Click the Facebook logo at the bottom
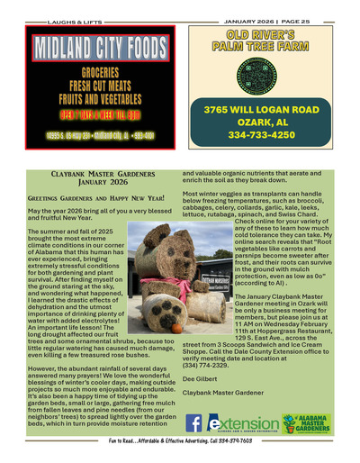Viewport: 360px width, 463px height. point(193,423)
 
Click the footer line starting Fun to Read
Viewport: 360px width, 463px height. point(180,453)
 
